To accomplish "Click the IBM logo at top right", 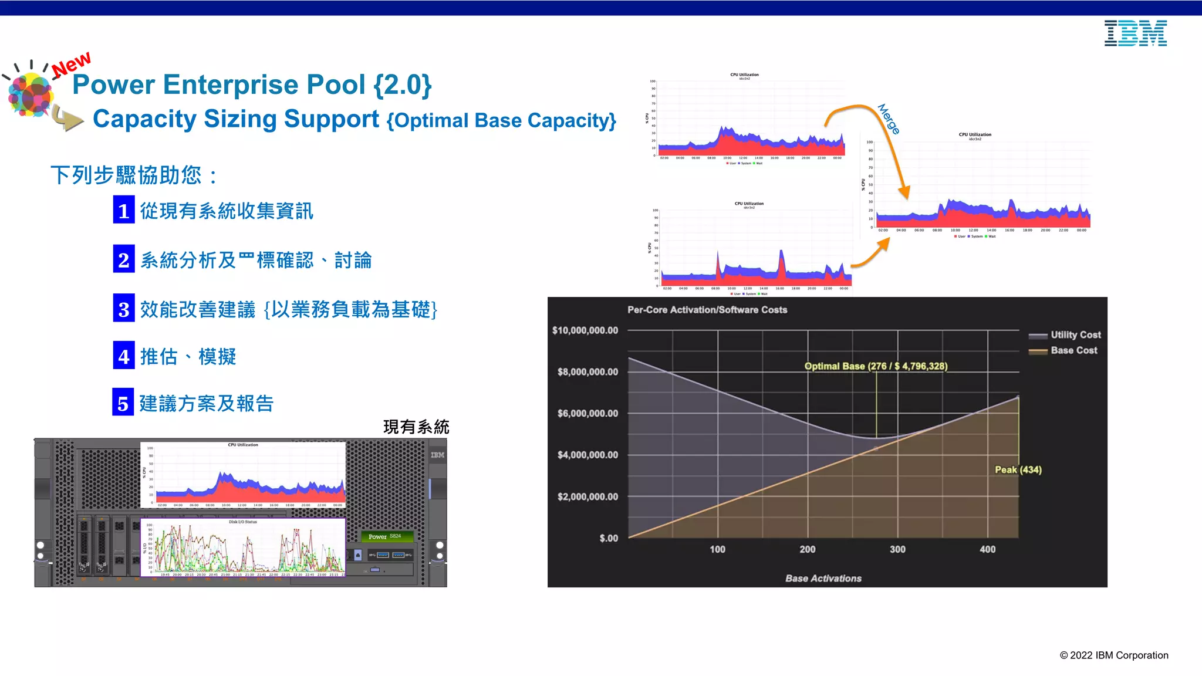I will [x=1135, y=33].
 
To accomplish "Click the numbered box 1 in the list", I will [x=124, y=210].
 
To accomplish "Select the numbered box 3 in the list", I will [x=124, y=308].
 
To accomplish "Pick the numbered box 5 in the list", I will [x=123, y=403].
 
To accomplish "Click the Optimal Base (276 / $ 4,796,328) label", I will [x=876, y=366].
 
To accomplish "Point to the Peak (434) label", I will [x=1018, y=469].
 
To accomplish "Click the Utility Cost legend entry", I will [x=1075, y=334].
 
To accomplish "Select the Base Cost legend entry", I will [x=1073, y=350].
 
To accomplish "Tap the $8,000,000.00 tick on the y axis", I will [x=588, y=371].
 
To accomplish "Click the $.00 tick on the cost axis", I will [x=609, y=538].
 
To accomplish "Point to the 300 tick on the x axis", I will [x=897, y=549].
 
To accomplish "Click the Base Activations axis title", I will [x=823, y=578].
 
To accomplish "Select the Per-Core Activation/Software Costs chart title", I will [x=707, y=310].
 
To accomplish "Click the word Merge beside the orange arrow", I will [x=889, y=119].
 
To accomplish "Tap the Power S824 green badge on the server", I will [x=386, y=536].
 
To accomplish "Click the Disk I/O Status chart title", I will [x=242, y=522].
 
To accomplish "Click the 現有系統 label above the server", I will [x=416, y=427].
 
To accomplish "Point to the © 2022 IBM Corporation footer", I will [x=1113, y=655].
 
